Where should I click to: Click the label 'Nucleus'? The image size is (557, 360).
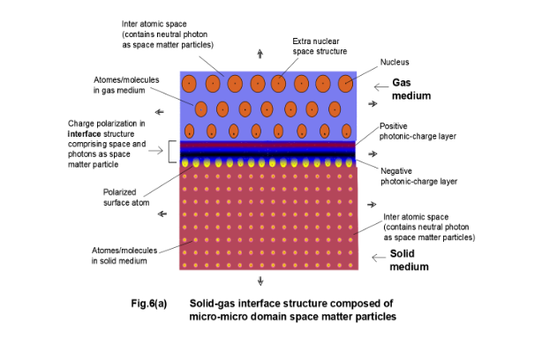click(395, 62)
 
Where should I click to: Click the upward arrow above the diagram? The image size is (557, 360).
click(260, 55)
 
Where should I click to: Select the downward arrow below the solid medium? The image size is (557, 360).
click(261, 281)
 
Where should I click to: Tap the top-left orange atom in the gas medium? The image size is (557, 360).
click(190, 84)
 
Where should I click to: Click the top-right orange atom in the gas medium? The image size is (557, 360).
click(344, 84)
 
